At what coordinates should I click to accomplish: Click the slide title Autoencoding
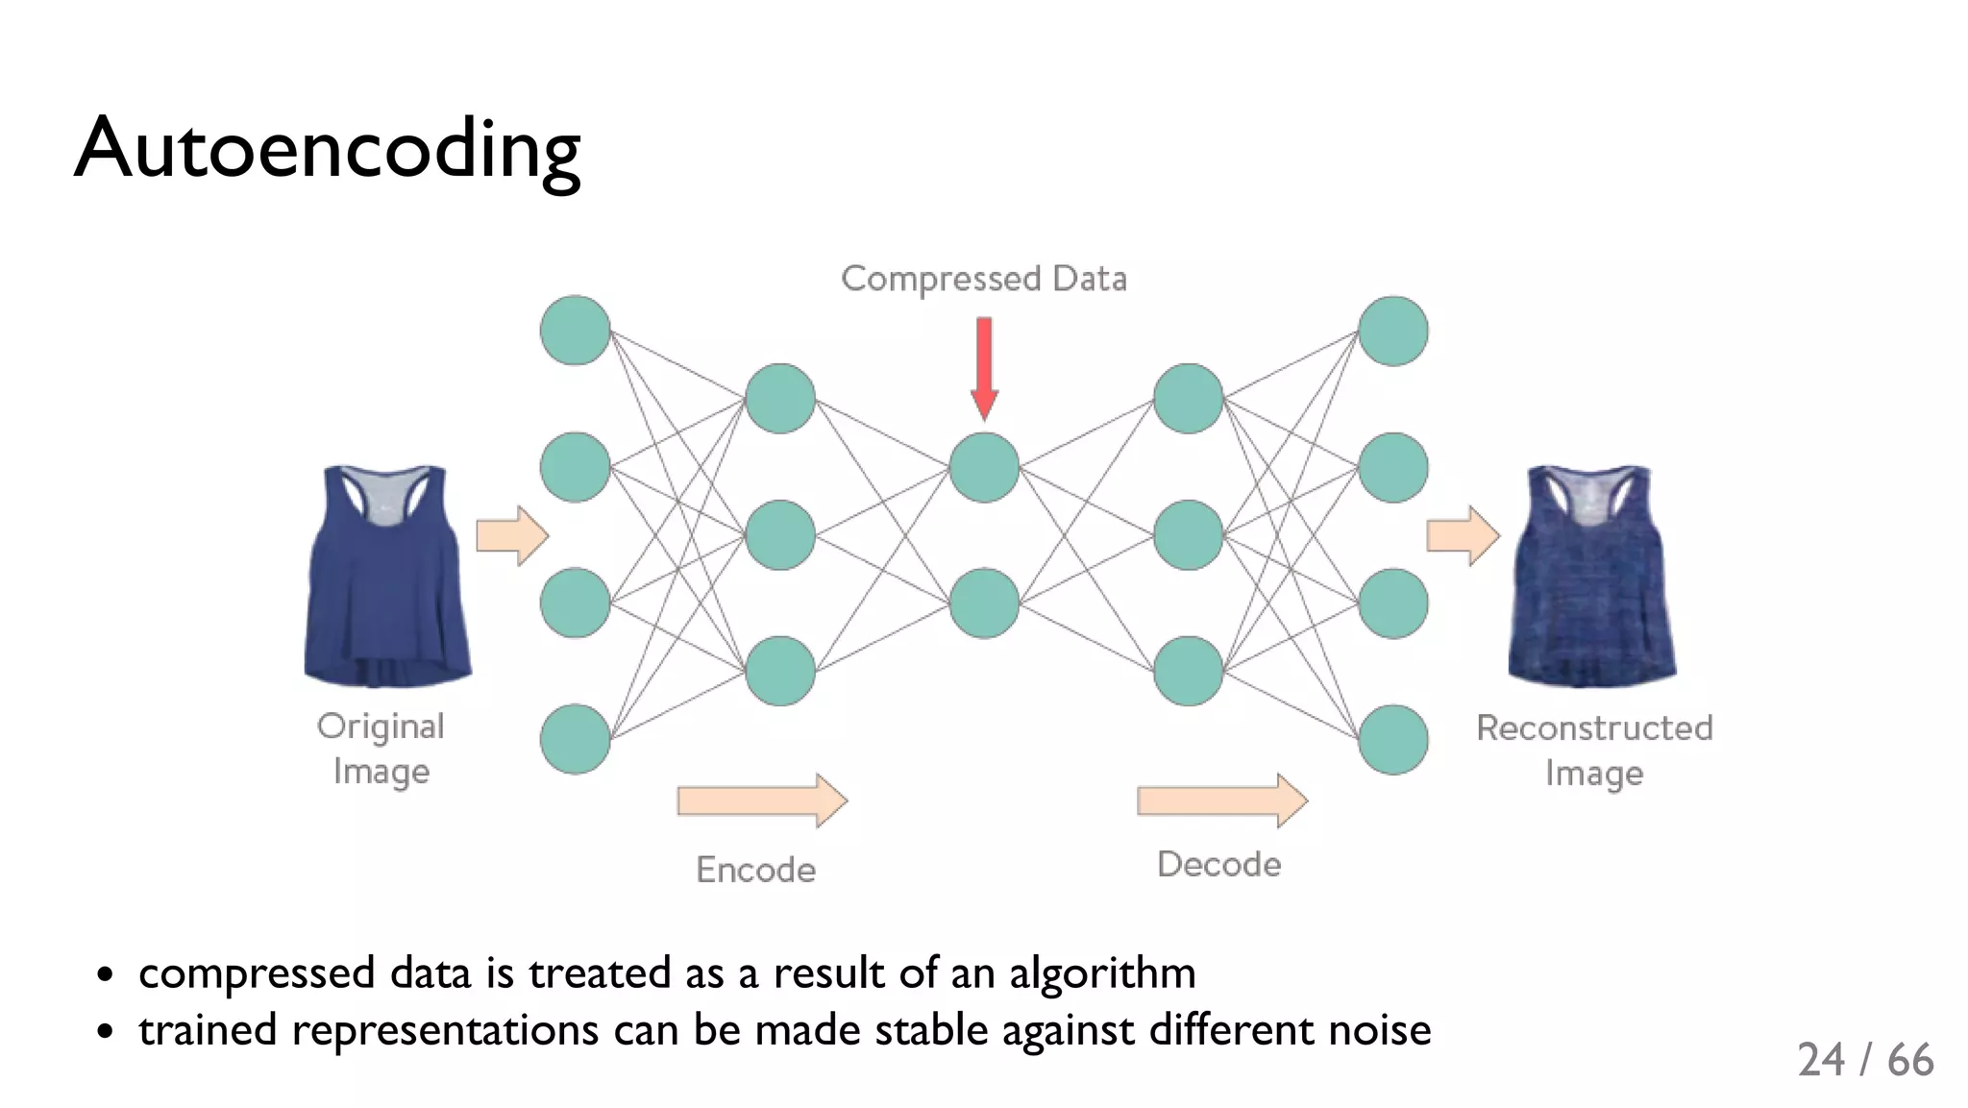tap(327, 149)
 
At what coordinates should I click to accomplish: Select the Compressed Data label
tap(984, 279)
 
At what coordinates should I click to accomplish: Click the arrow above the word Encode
tap(762, 800)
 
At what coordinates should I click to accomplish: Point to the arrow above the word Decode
tap(1221, 800)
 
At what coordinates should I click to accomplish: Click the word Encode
tap(755, 870)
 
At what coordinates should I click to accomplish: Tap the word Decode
tap(1218, 864)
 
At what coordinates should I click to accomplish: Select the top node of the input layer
tap(576, 331)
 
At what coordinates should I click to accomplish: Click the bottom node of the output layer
tap(1392, 739)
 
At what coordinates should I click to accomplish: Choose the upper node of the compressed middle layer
tap(984, 467)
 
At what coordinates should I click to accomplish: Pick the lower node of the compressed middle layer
tap(984, 603)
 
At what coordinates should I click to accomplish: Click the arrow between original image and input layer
tap(512, 535)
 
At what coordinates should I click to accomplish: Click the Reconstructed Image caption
tap(1594, 750)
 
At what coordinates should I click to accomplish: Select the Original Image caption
tap(381, 748)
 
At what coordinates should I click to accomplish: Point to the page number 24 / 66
tap(1865, 1060)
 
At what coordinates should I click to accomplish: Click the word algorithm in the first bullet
tap(1102, 973)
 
